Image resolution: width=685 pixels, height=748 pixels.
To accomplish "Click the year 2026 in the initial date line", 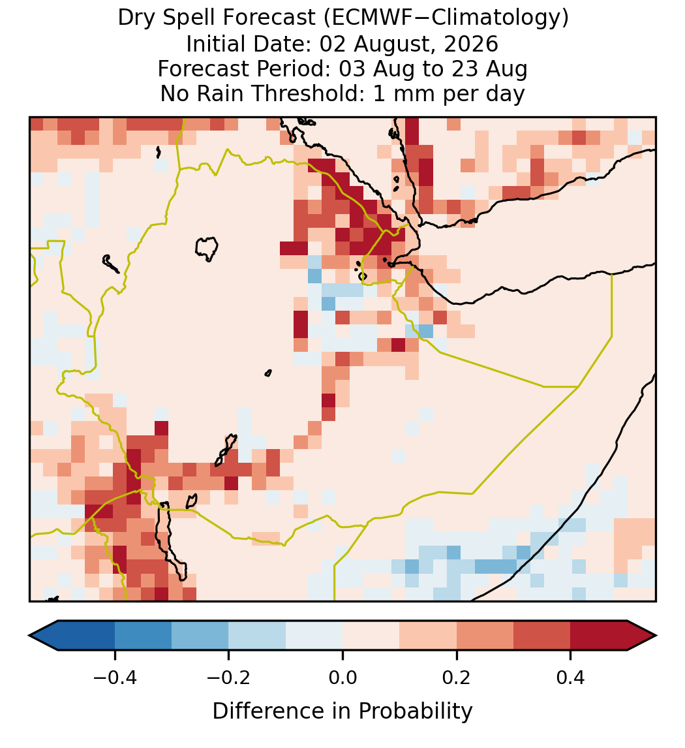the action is click(x=471, y=44).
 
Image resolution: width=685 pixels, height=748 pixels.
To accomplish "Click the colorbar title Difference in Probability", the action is click(x=342, y=711).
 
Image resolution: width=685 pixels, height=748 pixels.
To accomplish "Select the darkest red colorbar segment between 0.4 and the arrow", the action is click(x=599, y=636).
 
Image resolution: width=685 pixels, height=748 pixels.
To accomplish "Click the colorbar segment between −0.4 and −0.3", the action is click(x=143, y=636).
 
